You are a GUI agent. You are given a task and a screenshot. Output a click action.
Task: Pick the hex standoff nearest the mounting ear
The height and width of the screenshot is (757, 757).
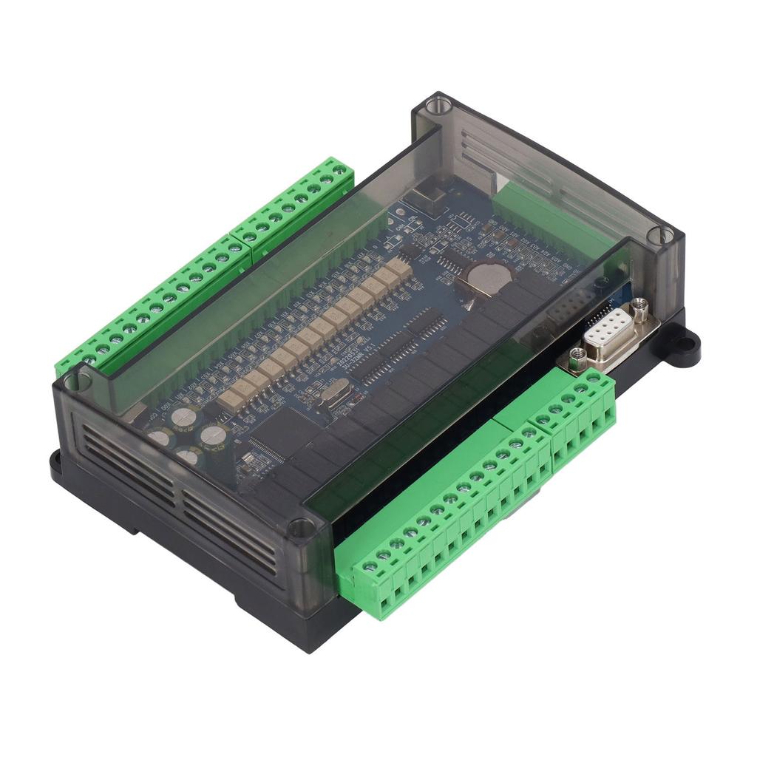click(639, 305)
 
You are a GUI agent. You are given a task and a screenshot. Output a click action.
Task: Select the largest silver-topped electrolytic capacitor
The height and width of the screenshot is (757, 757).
click(213, 435)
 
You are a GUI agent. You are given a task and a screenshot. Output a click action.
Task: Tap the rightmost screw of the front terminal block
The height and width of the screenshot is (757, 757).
click(592, 378)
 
